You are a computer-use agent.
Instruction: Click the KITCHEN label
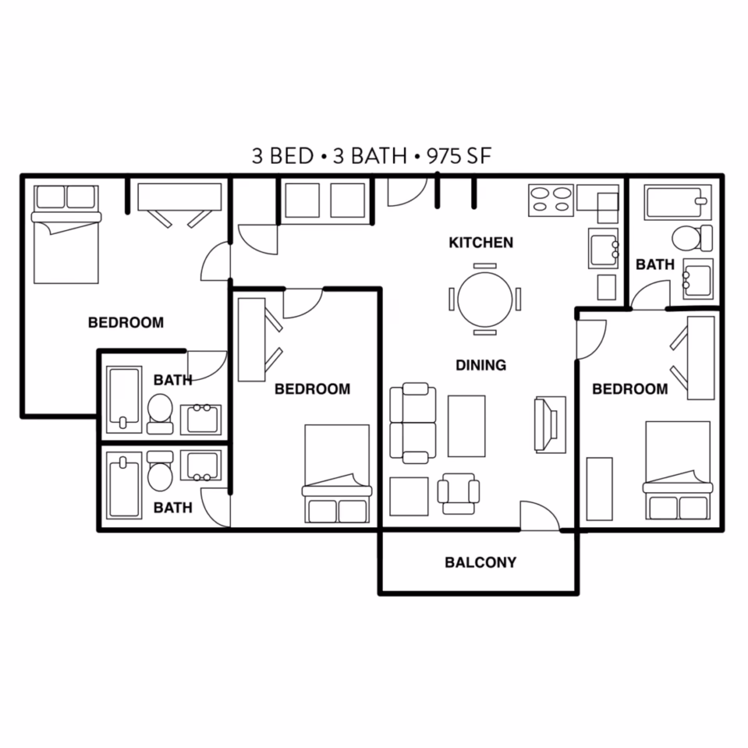[x=481, y=243]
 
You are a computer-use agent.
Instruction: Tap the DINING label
[x=481, y=365]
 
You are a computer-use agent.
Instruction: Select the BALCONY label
[x=480, y=563]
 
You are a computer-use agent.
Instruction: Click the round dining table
[x=485, y=299]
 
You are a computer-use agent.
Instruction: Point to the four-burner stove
[x=551, y=200]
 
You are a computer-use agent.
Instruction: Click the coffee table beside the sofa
[x=466, y=426]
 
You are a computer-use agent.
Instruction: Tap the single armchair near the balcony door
[x=459, y=493]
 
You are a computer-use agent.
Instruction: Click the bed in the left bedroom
[x=66, y=242]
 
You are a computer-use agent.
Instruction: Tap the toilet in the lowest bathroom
[x=160, y=472]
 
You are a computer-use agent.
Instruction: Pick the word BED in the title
[x=291, y=156]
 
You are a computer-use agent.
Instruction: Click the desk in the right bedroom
[x=701, y=358]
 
